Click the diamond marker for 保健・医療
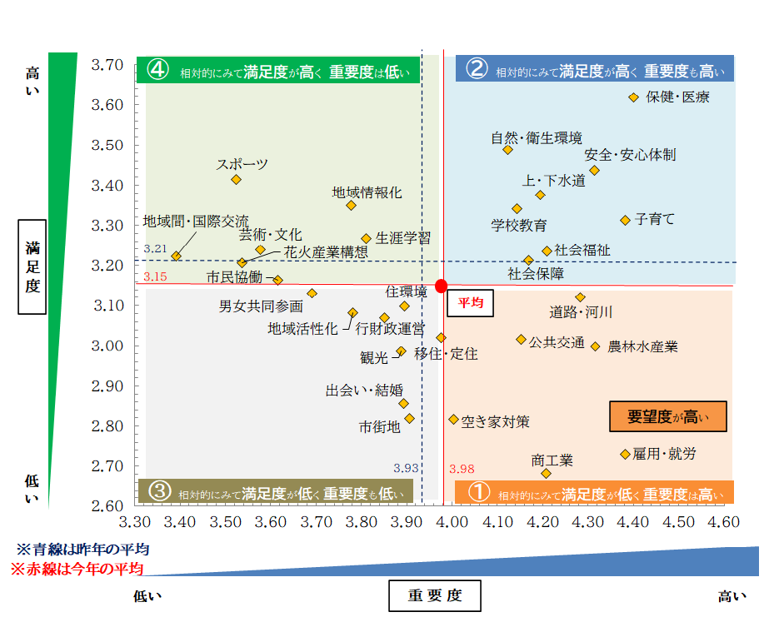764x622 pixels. click(633, 98)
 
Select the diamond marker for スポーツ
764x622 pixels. click(236, 179)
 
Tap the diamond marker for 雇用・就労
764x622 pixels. click(625, 454)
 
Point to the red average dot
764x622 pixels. click(442, 286)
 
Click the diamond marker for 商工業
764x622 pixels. click(547, 473)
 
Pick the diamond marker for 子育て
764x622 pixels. click(625, 220)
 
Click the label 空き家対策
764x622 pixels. click(495, 421)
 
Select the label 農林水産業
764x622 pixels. click(642, 346)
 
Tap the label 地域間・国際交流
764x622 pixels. click(196, 221)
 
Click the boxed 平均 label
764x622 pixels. click(471, 304)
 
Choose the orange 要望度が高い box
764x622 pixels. click(668, 416)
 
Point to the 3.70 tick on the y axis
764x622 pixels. click(106, 65)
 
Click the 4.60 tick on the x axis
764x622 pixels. click(723, 522)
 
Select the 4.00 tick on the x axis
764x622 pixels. click(451, 522)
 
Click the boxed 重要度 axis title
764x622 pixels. click(435, 596)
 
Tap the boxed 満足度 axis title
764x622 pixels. click(32, 266)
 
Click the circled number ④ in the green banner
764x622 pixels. click(158, 70)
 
